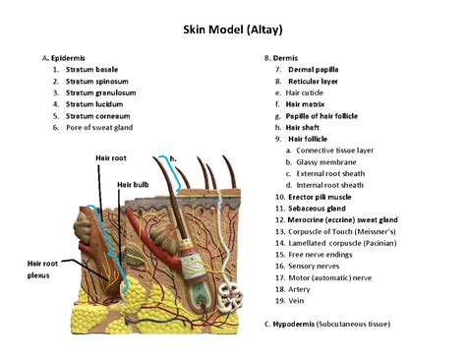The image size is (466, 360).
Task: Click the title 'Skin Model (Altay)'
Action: click(232, 29)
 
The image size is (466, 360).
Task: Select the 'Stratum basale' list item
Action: click(93, 70)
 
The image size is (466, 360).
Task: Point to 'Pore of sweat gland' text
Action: click(98, 127)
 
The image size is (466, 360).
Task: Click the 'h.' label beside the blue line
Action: click(174, 157)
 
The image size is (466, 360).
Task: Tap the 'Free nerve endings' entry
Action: click(323, 254)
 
